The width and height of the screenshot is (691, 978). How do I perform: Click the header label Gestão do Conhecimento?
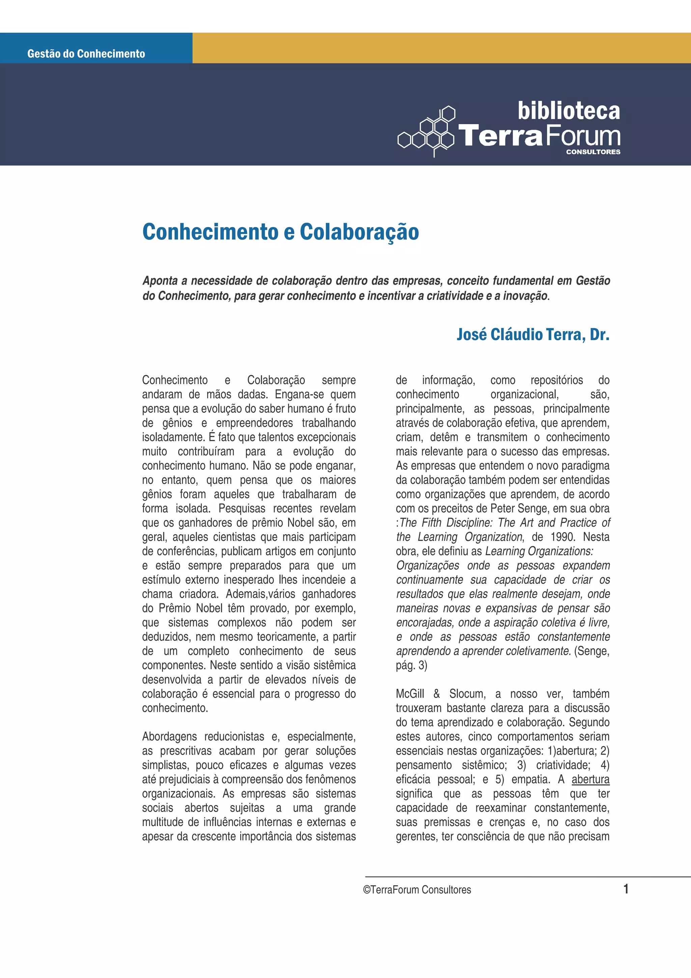pyautogui.click(x=86, y=54)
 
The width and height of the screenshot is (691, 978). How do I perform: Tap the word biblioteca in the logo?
pyautogui.click(x=569, y=111)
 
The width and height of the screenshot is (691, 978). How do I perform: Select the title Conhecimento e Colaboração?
pyautogui.click(x=281, y=232)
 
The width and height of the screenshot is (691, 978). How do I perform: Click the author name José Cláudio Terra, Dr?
pyautogui.click(x=533, y=334)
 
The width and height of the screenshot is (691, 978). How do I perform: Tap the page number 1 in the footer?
pyautogui.click(x=626, y=889)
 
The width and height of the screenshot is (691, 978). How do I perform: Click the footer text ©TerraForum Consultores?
pyautogui.click(x=417, y=890)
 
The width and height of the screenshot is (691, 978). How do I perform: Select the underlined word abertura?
pyautogui.click(x=590, y=780)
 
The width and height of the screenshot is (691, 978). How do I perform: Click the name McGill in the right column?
pyautogui.click(x=410, y=694)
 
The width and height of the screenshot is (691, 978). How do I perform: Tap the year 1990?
pyautogui.click(x=562, y=537)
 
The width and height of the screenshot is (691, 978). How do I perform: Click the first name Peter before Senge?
pyautogui.click(x=502, y=509)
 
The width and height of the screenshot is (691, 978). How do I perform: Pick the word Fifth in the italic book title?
pyautogui.click(x=437, y=523)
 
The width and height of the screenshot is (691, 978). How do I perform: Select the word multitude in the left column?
pyautogui.click(x=163, y=822)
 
